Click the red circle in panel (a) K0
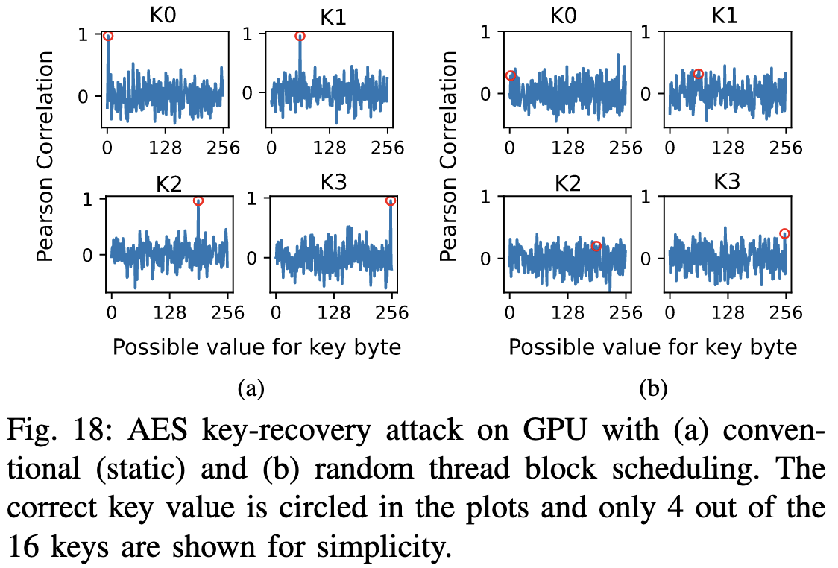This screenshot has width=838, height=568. (108, 37)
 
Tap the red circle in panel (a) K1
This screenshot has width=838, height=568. (300, 37)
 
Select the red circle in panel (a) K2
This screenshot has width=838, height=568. (198, 201)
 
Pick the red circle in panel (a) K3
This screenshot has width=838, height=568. (390, 201)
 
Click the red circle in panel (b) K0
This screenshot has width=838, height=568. (511, 76)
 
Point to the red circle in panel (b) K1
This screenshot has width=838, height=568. (698, 74)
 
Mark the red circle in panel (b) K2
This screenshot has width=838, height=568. (596, 246)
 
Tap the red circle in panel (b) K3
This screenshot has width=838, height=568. (784, 233)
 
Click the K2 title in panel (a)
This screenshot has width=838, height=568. (169, 184)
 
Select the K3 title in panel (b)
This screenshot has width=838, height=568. (727, 182)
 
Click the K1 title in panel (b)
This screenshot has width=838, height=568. (725, 16)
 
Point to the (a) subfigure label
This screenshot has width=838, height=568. (251, 388)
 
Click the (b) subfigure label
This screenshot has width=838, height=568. (653, 388)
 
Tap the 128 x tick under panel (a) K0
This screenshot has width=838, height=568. (166, 148)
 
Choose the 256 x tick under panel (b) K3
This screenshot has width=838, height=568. (786, 312)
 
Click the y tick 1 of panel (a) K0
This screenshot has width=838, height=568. (83, 35)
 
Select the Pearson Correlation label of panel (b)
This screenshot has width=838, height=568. (448, 156)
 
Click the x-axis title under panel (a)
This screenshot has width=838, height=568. (256, 347)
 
